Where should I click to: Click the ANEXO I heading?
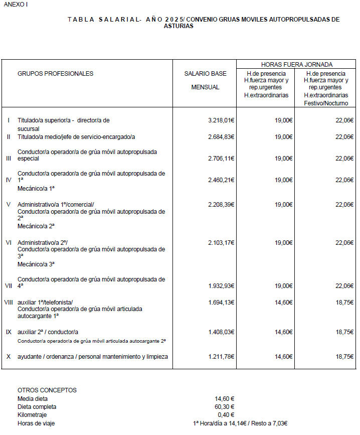tap(16, 4)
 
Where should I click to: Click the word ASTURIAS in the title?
tap(178, 26)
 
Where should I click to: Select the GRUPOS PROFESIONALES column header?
tap(55, 74)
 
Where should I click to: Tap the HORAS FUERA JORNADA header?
tap(297, 64)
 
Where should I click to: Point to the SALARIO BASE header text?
tap(205, 74)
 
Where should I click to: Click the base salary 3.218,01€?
tap(221, 120)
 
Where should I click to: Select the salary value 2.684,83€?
tap(221, 137)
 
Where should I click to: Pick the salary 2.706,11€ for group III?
tap(221, 159)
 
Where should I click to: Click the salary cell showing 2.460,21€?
tap(221, 180)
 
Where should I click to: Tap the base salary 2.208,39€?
tap(221, 205)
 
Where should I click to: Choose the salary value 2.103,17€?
tap(221, 243)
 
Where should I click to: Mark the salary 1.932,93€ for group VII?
tap(221, 286)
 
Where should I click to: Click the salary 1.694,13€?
tap(221, 303)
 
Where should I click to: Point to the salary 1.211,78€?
tap(221, 357)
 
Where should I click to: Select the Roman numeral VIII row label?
tap(9, 303)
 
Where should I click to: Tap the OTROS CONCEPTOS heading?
tap(47, 390)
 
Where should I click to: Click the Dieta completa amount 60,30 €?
tap(225, 407)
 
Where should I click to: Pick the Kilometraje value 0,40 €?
tap(226, 415)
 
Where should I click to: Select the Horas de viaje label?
tap(36, 423)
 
